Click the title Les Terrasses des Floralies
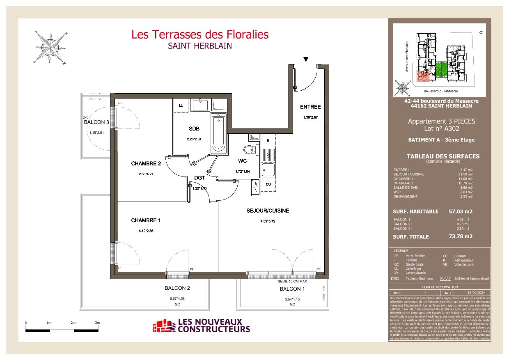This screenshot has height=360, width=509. click(x=200, y=34)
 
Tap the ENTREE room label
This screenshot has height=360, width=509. click(x=310, y=107)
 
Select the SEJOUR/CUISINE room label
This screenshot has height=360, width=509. click(x=268, y=211)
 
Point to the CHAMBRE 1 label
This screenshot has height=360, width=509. click(x=146, y=220)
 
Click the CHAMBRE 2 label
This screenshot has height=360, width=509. click(x=146, y=164)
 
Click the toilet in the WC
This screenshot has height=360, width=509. click(x=249, y=149)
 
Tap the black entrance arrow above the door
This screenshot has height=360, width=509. click(x=305, y=60)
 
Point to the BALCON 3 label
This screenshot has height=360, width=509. click(x=96, y=122)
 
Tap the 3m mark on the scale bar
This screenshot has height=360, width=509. click(x=97, y=323)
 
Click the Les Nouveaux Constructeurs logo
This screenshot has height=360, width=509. click(x=201, y=326)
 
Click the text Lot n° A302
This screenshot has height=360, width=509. click(x=441, y=129)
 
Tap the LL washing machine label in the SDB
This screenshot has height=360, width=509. click(x=181, y=105)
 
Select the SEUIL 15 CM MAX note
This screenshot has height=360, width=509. click(x=292, y=282)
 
